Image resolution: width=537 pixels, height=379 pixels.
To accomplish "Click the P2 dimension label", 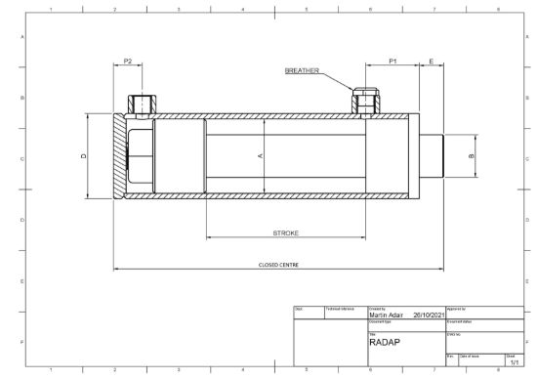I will tap(128, 62).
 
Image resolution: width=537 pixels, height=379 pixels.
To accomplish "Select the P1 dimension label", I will tap(392, 62).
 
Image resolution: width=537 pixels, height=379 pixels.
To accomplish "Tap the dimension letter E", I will tap(431, 62).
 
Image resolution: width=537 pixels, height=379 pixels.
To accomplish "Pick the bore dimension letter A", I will tap(260, 155).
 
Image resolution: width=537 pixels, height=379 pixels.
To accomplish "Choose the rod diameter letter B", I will tap(471, 155).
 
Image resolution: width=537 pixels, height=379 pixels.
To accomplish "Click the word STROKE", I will tap(285, 233).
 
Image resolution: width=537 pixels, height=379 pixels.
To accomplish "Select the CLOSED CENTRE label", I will tap(278, 264).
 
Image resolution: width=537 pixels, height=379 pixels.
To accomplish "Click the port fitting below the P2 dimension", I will tap(143, 104).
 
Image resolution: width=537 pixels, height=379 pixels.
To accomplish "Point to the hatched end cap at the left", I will tap(119, 155).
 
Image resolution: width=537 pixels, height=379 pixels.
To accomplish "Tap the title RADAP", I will tap(383, 343).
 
